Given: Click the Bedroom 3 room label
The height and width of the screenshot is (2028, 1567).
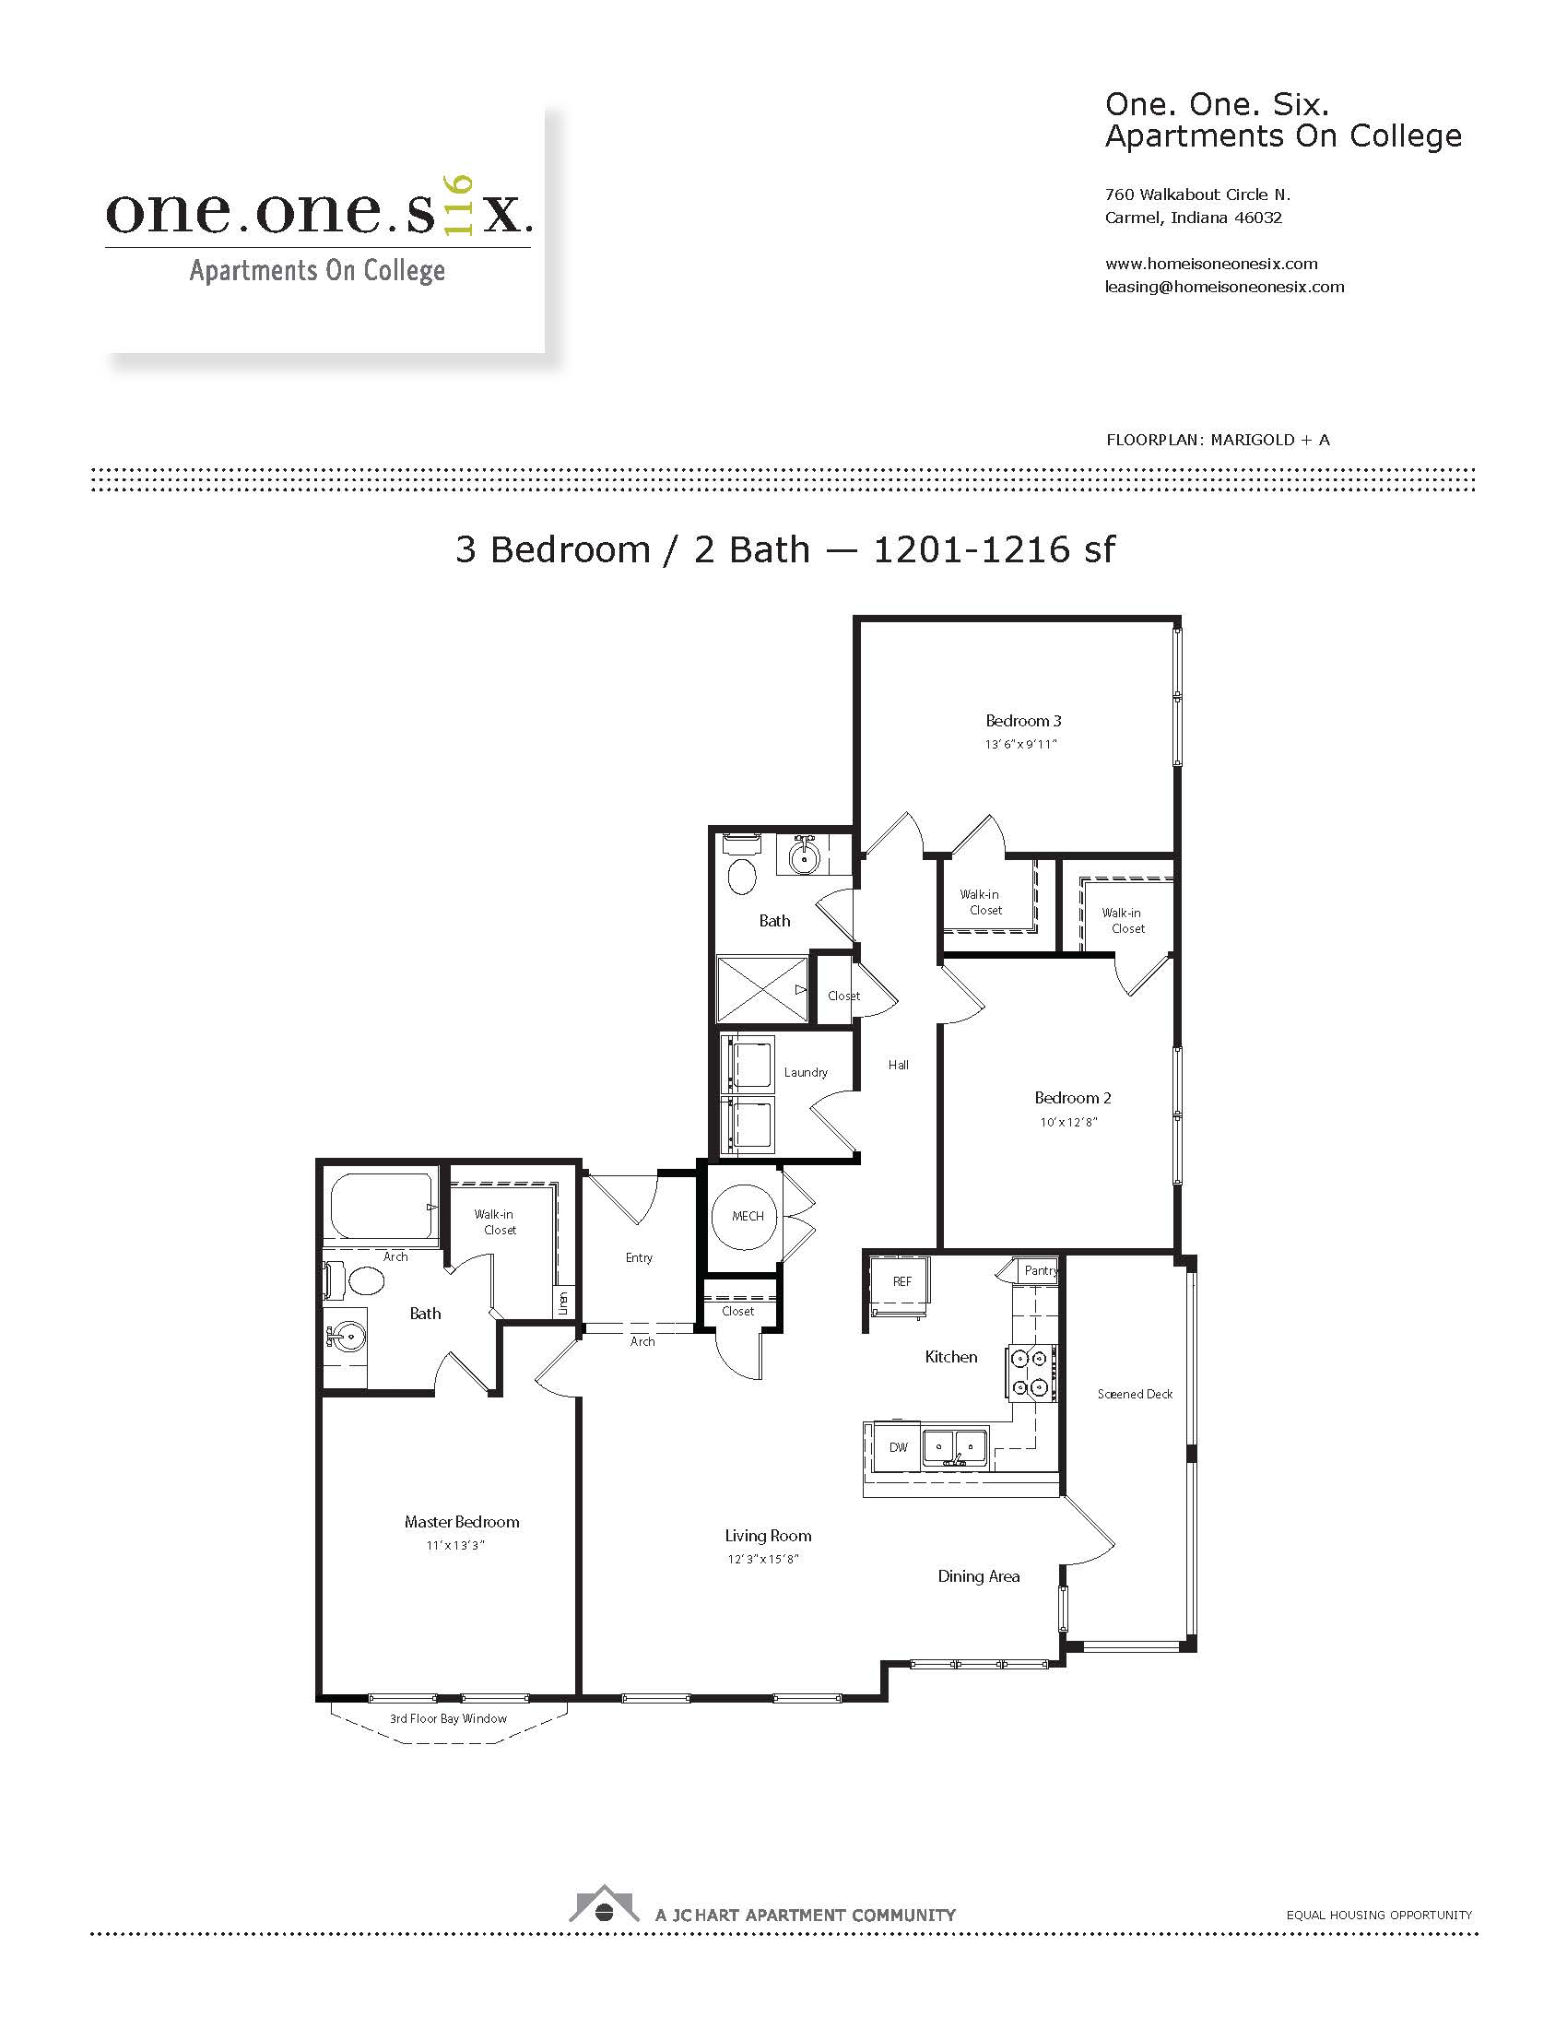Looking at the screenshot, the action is (x=1023, y=721).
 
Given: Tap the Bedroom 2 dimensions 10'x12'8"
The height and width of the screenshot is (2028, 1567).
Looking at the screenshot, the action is (x=1068, y=1122).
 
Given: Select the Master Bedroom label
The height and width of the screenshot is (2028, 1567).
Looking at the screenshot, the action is (x=462, y=1522).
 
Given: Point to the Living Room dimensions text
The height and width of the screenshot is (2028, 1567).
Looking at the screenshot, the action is (x=763, y=1559).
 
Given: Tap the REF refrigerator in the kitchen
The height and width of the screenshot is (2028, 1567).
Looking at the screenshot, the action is (x=899, y=1285).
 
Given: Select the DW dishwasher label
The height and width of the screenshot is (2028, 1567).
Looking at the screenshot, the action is (x=899, y=1446).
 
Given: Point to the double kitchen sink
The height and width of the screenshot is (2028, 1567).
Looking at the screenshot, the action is (x=955, y=1446).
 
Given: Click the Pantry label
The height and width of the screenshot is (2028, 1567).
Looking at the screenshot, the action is (x=1041, y=1270).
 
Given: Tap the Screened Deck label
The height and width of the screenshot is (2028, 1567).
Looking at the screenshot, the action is (x=1135, y=1394).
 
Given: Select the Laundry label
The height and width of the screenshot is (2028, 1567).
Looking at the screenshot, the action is (x=806, y=1072).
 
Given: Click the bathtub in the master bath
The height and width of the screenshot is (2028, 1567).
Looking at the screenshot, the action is (x=383, y=1206).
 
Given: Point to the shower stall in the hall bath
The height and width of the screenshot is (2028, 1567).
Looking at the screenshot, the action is (x=762, y=989).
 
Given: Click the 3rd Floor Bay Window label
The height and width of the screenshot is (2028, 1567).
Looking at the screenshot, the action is (x=448, y=1719).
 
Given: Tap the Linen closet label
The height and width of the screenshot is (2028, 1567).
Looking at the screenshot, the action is (x=562, y=1303).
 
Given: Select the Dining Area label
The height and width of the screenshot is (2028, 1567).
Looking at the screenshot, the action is (x=978, y=1575).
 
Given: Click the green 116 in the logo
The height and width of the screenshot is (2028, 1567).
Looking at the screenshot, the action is (x=460, y=205).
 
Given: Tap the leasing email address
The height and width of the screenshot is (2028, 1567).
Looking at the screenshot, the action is (x=1224, y=287).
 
